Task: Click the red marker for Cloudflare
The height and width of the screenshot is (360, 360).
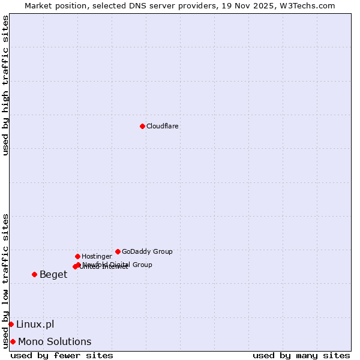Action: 142,126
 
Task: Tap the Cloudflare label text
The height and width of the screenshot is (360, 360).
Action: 163,127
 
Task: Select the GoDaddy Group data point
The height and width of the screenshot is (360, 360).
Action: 118,251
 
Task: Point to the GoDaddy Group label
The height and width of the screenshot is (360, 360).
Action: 147,252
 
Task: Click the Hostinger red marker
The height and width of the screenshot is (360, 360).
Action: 77,256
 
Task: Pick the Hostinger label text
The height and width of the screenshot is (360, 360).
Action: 97,257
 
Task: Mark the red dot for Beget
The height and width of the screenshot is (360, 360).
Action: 34,274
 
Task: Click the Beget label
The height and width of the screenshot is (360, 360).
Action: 53,275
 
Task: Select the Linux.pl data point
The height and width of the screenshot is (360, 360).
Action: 11,324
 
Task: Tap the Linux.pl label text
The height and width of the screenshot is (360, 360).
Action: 35,325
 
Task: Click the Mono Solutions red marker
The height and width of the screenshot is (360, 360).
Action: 13,341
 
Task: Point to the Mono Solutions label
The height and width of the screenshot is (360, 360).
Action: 55,342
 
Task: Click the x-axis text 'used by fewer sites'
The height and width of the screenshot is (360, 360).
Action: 62,355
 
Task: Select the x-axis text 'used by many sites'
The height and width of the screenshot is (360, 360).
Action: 301,355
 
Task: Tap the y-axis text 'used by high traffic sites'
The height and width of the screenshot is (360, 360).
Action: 5,85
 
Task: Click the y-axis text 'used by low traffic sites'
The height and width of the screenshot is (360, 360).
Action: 5,280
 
